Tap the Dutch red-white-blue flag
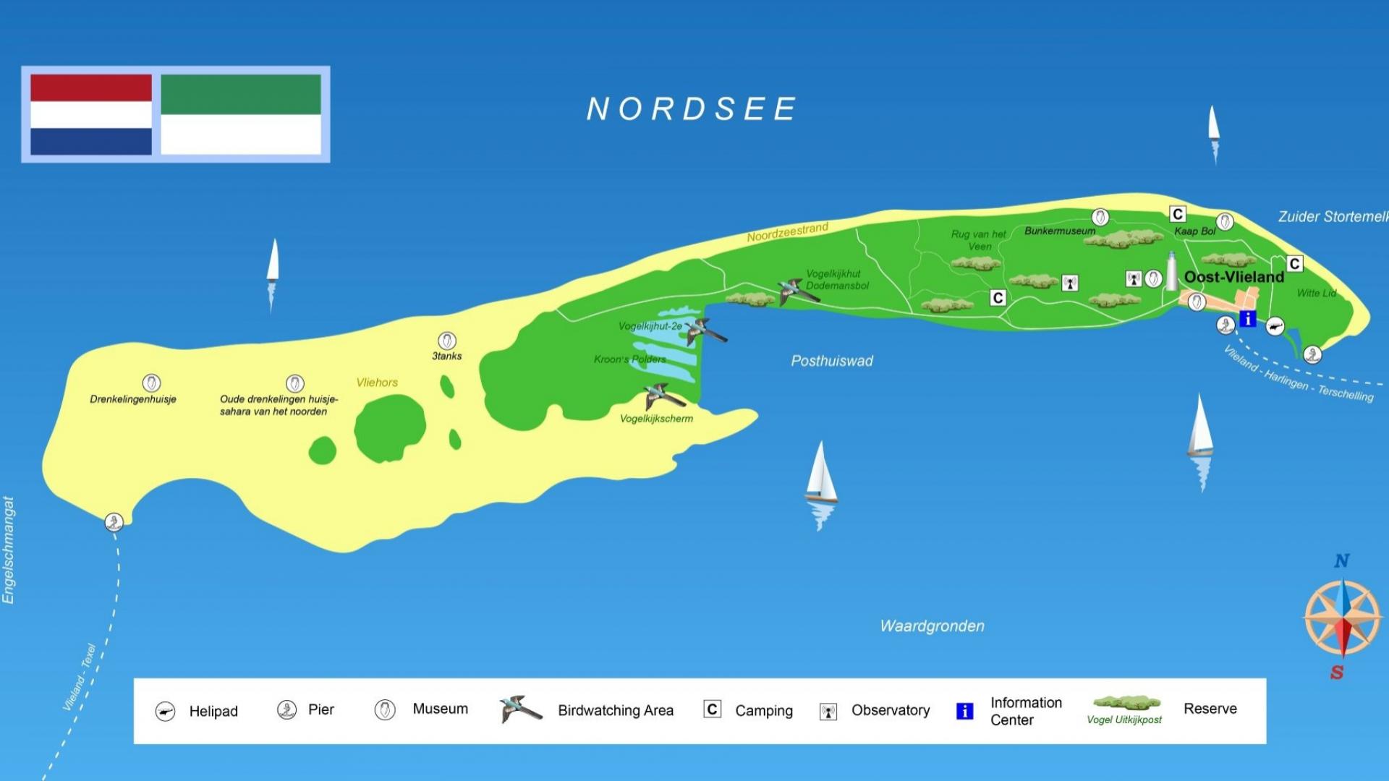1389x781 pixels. pyautogui.click(x=91, y=114)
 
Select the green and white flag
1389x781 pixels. pyautogui.click(x=240, y=114)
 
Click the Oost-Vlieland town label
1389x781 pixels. pyautogui.click(x=1233, y=277)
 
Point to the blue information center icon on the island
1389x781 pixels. pyautogui.click(x=1247, y=319)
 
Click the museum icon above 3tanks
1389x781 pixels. pyautogui.click(x=447, y=341)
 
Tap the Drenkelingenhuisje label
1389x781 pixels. pyautogui.click(x=133, y=399)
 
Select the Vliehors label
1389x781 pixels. pyautogui.click(x=377, y=383)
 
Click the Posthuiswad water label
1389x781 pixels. pyautogui.click(x=832, y=361)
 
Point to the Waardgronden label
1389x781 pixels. pyautogui.click(x=932, y=626)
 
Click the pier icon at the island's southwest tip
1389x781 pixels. pyautogui.click(x=114, y=521)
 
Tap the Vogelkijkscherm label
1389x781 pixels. pyautogui.click(x=656, y=419)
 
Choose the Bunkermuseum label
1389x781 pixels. pyautogui.click(x=1060, y=231)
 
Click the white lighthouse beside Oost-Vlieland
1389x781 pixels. pyautogui.click(x=1171, y=272)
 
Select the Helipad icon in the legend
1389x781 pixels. pyautogui.click(x=166, y=712)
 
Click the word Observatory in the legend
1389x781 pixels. pyautogui.click(x=891, y=710)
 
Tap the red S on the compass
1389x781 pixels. pyautogui.click(x=1337, y=673)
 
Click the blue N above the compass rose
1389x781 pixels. pyautogui.click(x=1342, y=560)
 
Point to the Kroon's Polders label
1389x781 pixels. pyautogui.click(x=629, y=359)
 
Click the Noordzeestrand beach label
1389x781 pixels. pyautogui.click(x=787, y=233)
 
